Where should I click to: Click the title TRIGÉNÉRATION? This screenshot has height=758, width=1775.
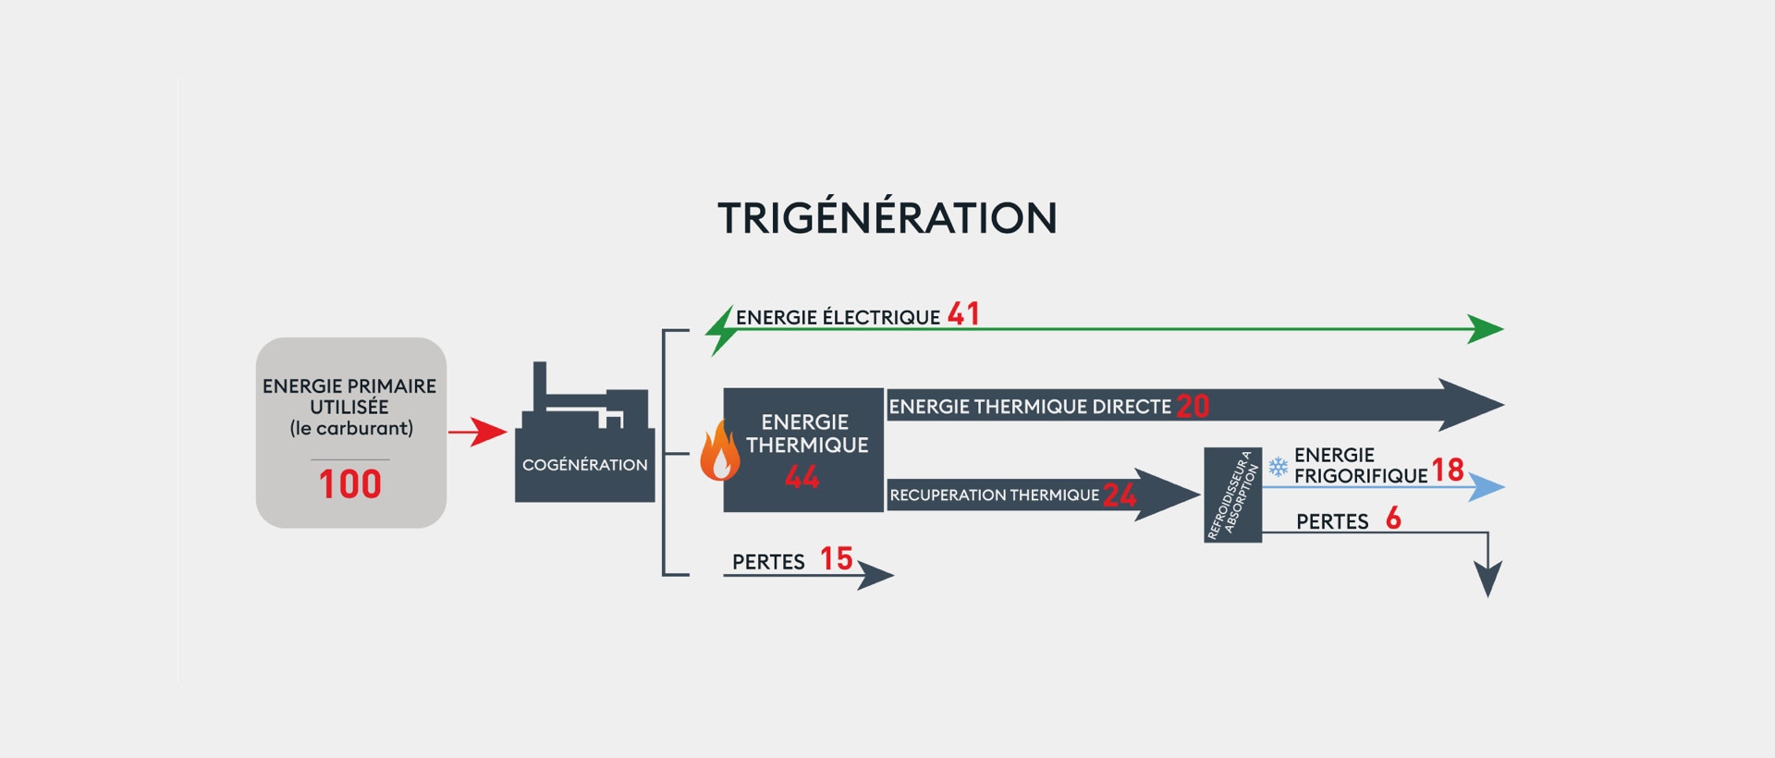pyautogui.click(x=887, y=217)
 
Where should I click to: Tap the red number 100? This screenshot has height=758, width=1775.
pyautogui.click(x=350, y=484)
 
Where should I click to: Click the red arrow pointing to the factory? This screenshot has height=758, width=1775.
pyautogui.click(x=478, y=432)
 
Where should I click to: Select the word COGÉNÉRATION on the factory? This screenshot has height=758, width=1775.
pyautogui.click(x=585, y=465)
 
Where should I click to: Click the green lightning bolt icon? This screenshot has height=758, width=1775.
pyautogui.click(x=720, y=331)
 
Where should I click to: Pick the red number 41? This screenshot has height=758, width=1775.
pyautogui.click(x=963, y=314)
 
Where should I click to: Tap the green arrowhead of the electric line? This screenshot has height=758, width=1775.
pyautogui.click(x=1486, y=329)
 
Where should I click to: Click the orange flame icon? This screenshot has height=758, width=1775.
pyautogui.click(x=719, y=451)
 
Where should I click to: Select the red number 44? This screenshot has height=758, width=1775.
pyautogui.click(x=802, y=477)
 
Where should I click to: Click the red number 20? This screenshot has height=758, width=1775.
pyautogui.click(x=1193, y=407)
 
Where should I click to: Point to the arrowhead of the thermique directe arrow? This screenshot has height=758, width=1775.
pyautogui.click(x=1471, y=405)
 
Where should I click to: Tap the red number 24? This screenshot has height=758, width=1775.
pyautogui.click(x=1120, y=495)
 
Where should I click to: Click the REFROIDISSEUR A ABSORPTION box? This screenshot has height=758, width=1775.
pyautogui.click(x=1233, y=495)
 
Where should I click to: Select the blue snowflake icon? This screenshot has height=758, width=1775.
pyautogui.click(x=1278, y=467)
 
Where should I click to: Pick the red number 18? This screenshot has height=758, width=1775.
pyautogui.click(x=1448, y=470)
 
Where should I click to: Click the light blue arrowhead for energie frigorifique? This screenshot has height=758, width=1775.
pyautogui.click(x=1487, y=487)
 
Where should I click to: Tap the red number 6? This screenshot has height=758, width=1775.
pyautogui.click(x=1393, y=518)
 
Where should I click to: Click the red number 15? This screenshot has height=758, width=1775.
pyautogui.click(x=837, y=558)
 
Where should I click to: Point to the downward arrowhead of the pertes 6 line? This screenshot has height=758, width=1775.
pyautogui.click(x=1487, y=579)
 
